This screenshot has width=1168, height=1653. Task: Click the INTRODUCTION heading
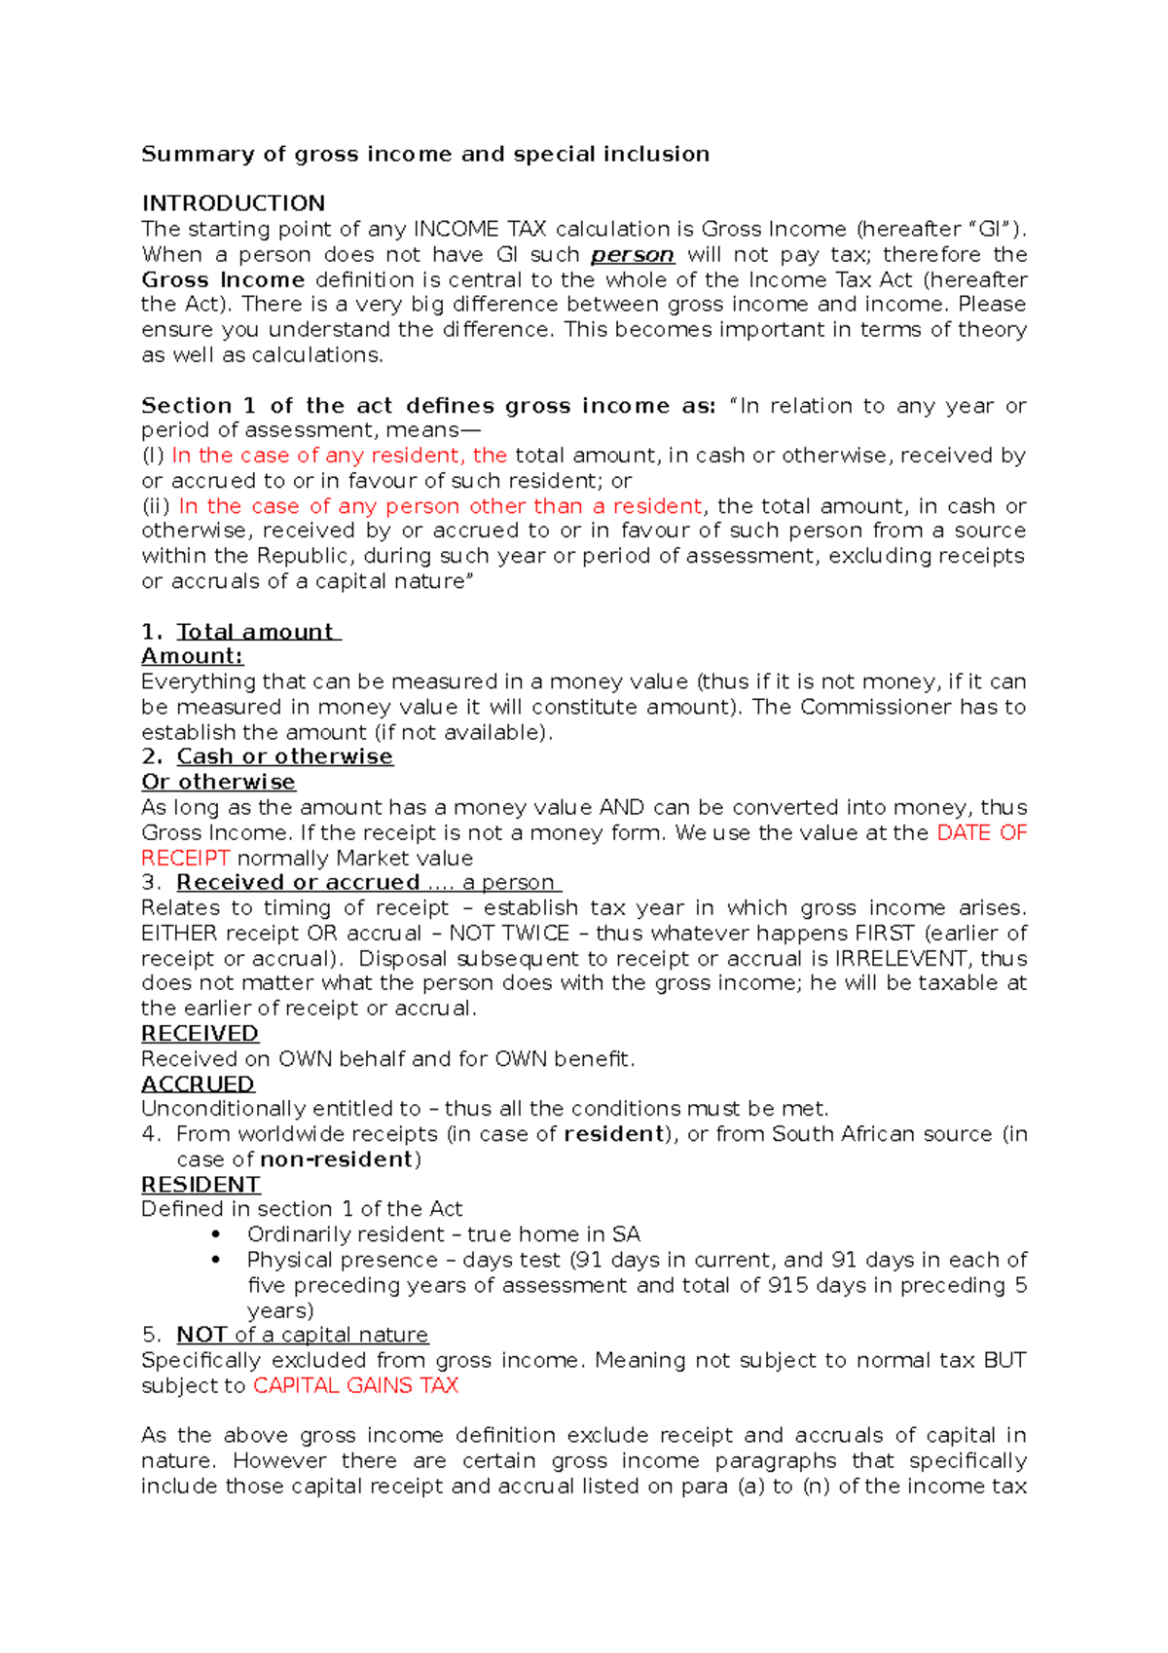tap(233, 203)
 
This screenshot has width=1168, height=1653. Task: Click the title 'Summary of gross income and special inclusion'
tap(425, 154)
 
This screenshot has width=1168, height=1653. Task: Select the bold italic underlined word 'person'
tap(633, 255)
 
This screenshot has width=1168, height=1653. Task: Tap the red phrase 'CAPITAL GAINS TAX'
tap(355, 1385)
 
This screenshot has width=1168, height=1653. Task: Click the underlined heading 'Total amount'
tap(256, 632)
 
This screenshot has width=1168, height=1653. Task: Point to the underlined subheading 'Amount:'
tap(192, 656)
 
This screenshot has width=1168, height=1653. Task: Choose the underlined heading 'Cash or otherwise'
tap(284, 756)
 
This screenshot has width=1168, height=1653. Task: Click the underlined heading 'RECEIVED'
tap(200, 1033)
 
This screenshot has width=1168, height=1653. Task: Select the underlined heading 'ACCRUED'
tap(198, 1084)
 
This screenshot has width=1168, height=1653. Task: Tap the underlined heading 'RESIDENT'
tap(201, 1184)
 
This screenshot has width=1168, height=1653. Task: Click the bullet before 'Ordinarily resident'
tap(215, 1234)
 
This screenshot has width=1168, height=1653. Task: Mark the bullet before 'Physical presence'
tap(215, 1260)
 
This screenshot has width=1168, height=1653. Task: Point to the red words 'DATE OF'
tap(981, 832)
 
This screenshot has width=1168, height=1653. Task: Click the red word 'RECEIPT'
tap(185, 858)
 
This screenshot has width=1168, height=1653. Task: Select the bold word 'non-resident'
tap(337, 1158)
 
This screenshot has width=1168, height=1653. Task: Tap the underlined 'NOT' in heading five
tap(201, 1335)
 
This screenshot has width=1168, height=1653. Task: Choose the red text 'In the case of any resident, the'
tap(339, 456)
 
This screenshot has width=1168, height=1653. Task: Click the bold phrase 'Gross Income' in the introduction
tap(223, 280)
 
